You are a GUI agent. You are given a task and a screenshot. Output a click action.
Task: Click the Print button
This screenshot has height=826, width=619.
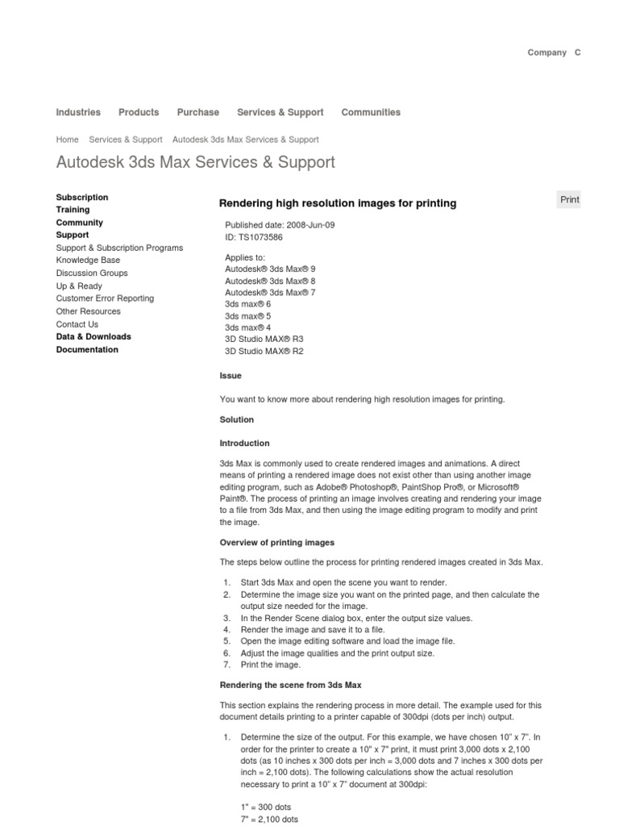pyautogui.click(x=569, y=200)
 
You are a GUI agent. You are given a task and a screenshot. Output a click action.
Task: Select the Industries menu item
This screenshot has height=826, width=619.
pyautogui.click(x=78, y=112)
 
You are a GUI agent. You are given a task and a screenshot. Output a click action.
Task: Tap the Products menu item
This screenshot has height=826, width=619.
pyautogui.click(x=139, y=112)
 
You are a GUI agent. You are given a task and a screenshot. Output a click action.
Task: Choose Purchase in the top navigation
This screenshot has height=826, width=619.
pyautogui.click(x=197, y=112)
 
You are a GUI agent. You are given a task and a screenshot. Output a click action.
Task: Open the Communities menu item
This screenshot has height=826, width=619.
pyautogui.click(x=371, y=112)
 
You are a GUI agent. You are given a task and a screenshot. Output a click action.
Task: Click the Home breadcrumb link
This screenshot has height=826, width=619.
pyautogui.click(x=67, y=140)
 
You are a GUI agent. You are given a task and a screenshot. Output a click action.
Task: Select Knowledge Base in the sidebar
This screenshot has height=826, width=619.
pyautogui.click(x=88, y=261)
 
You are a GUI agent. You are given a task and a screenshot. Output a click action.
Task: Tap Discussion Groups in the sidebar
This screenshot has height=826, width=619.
pyautogui.click(x=92, y=273)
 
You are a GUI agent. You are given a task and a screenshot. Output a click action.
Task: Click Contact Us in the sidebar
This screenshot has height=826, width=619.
pyautogui.click(x=77, y=324)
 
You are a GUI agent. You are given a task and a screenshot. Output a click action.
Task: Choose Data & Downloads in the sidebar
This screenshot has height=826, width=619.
pyautogui.click(x=93, y=336)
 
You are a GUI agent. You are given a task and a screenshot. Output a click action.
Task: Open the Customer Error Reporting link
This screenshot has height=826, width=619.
pyautogui.click(x=105, y=298)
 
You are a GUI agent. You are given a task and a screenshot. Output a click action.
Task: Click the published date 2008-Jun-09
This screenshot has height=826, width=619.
pyautogui.click(x=298, y=225)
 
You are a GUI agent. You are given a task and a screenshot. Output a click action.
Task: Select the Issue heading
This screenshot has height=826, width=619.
pyautogui.click(x=231, y=376)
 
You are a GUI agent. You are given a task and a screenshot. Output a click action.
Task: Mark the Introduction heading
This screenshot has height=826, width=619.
pyautogui.click(x=244, y=444)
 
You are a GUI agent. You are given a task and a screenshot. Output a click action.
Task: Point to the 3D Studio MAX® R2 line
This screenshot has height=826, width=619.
pyautogui.click(x=264, y=352)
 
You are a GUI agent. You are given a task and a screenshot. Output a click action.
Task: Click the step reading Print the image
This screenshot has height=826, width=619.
pyautogui.click(x=270, y=665)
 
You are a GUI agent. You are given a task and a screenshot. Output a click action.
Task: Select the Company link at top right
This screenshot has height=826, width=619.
pyautogui.click(x=546, y=52)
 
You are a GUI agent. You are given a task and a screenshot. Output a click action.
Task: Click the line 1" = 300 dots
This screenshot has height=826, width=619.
pyautogui.click(x=266, y=807)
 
